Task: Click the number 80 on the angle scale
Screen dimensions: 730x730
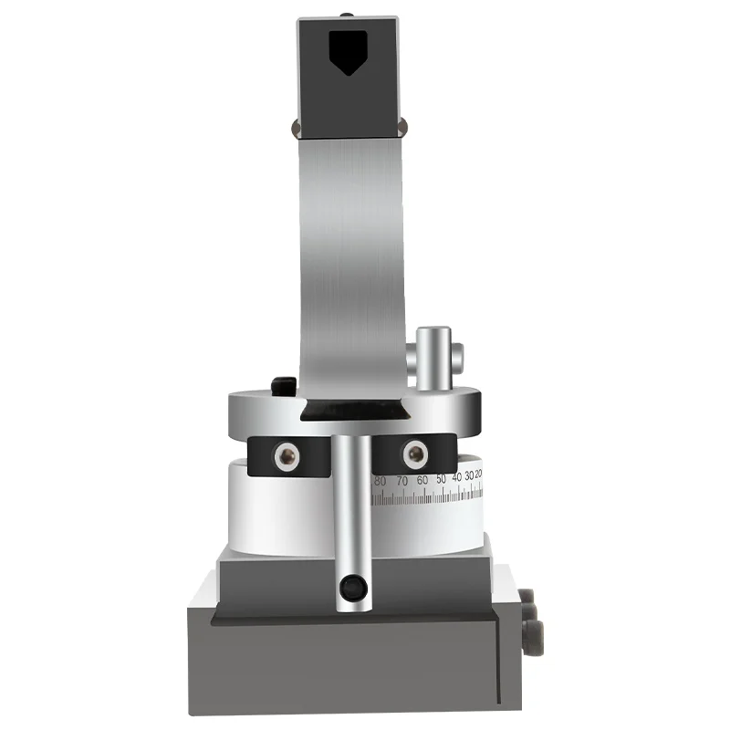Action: (380, 480)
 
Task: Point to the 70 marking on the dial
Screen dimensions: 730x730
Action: (401, 480)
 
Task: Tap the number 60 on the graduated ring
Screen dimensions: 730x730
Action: (422, 479)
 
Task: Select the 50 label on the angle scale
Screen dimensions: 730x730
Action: (442, 478)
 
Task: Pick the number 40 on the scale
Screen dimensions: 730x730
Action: (457, 477)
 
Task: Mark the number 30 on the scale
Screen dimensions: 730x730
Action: (469, 476)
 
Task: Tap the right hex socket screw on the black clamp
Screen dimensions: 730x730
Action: (415, 452)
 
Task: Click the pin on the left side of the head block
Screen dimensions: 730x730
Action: (295, 126)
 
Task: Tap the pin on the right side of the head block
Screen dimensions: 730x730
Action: (403, 126)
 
